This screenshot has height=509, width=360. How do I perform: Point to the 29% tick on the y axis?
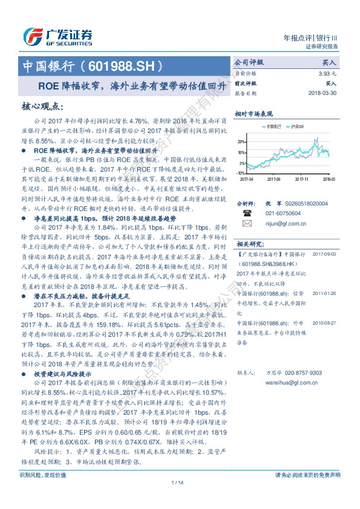tap(241, 141)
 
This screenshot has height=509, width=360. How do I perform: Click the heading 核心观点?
tap(42, 107)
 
